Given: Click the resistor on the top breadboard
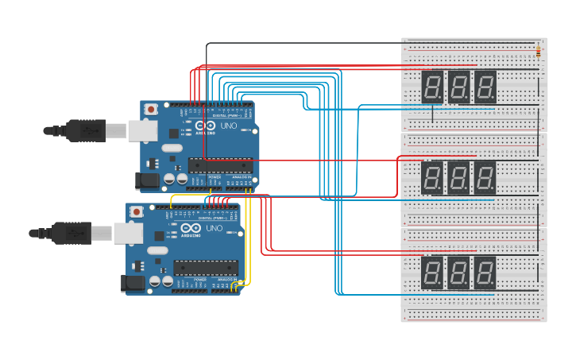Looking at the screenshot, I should point(540,53).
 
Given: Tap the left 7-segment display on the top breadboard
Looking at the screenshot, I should point(432,86).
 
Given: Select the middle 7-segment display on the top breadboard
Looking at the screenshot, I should point(458,86).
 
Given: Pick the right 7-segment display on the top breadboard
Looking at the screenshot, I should point(485,86).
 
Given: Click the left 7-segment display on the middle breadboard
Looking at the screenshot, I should point(432,177).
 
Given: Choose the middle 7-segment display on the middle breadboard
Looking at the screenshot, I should point(458,177).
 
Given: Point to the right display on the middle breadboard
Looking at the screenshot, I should point(485,177).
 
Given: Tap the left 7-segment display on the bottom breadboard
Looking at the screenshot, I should point(432,273).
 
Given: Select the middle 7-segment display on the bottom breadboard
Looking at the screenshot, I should point(458,273).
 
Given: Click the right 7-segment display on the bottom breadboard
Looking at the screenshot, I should point(485,273).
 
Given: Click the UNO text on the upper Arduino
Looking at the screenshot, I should point(228,126).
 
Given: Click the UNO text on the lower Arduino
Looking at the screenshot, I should point(214,229).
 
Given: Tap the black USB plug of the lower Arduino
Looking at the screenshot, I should point(71,232).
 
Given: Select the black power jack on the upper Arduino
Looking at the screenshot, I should point(148,181).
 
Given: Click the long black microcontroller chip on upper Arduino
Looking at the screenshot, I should point(220,165).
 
